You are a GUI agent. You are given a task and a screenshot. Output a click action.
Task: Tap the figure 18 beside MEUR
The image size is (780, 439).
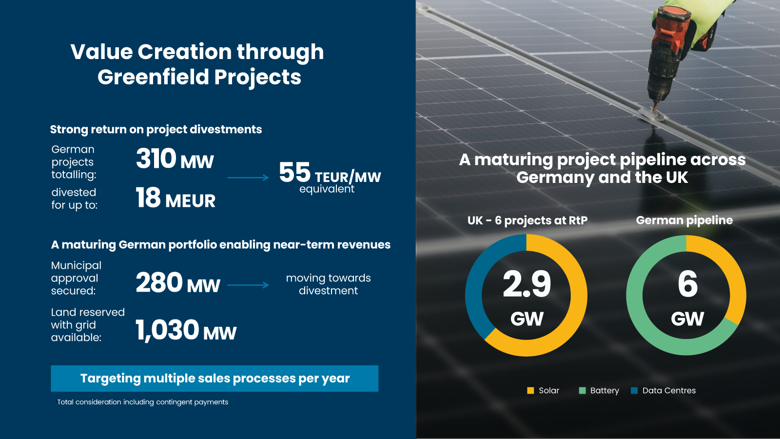148,198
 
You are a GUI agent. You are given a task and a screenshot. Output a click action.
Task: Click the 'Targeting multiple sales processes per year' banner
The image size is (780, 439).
214,379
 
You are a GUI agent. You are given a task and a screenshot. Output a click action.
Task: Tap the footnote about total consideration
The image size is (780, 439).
142,402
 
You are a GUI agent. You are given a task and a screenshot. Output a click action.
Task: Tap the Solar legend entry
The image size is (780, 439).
543,391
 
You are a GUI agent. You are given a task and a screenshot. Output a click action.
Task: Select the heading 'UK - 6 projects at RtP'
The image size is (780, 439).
527,220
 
